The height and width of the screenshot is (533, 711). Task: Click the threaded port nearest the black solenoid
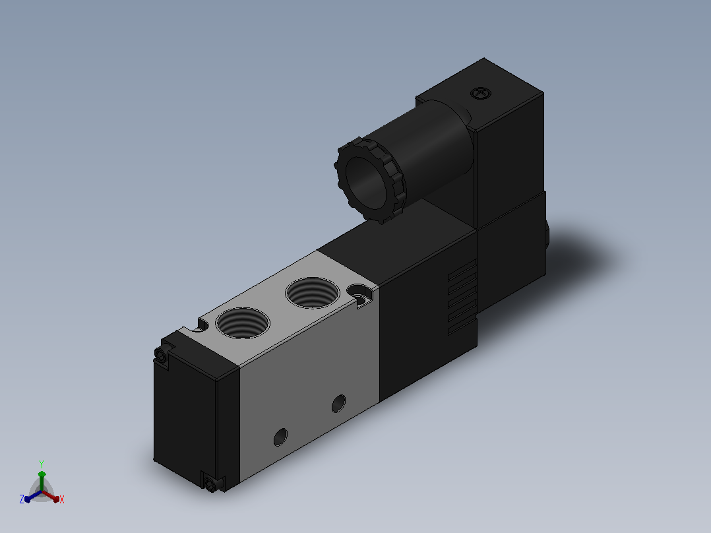click(x=313, y=293)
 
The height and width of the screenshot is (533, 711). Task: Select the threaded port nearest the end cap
click(x=243, y=323)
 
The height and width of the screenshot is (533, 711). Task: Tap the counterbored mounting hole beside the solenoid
click(x=361, y=294)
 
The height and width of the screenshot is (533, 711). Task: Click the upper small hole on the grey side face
click(x=339, y=403)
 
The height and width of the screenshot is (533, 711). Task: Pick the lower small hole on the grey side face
click(x=281, y=437)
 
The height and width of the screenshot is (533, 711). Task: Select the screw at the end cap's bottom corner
click(x=210, y=484)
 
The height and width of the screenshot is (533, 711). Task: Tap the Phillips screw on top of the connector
click(x=481, y=94)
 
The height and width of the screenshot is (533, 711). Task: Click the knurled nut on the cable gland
click(x=370, y=180)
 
